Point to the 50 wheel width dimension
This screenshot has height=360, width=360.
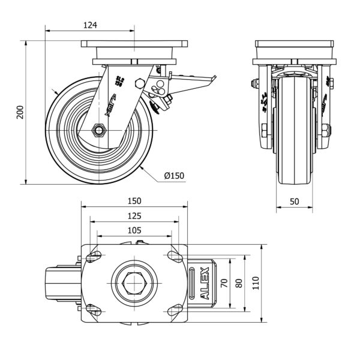(294, 202)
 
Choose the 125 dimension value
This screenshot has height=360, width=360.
(134, 215)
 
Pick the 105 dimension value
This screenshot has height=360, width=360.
(134, 230)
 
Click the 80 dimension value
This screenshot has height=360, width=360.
(240, 283)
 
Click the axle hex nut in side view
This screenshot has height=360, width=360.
(99, 129)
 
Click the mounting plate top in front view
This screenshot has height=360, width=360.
(294, 46)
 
